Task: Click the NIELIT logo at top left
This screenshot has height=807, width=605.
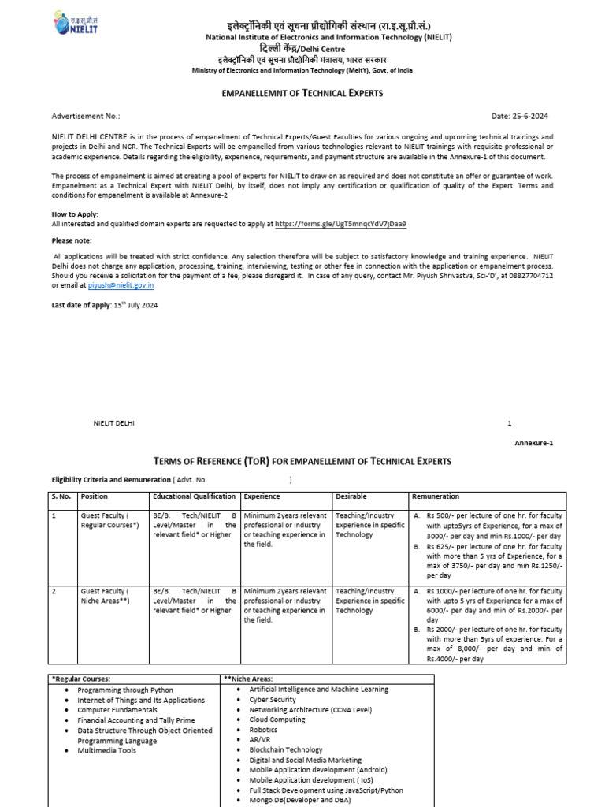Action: click(73, 24)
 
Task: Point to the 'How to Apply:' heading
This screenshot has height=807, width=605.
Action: click(76, 214)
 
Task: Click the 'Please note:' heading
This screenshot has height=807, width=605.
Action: click(72, 240)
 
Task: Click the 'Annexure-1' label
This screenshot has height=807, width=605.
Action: click(534, 443)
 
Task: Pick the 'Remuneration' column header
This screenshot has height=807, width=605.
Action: click(436, 496)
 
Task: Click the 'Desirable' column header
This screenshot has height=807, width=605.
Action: click(351, 496)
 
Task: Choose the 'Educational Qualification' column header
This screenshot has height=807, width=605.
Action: click(194, 496)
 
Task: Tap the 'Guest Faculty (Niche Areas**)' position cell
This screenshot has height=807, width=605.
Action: click(109, 596)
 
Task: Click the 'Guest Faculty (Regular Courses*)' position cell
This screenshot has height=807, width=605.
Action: click(109, 519)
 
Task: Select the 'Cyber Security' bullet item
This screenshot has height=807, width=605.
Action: click(273, 699)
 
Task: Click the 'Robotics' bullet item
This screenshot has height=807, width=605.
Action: click(263, 730)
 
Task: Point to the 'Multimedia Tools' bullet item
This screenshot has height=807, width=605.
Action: click(106, 750)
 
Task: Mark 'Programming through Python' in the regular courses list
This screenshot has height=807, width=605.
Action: click(124, 690)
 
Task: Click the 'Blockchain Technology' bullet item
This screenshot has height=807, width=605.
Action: click(286, 749)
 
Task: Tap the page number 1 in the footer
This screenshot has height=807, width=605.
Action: click(509, 423)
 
